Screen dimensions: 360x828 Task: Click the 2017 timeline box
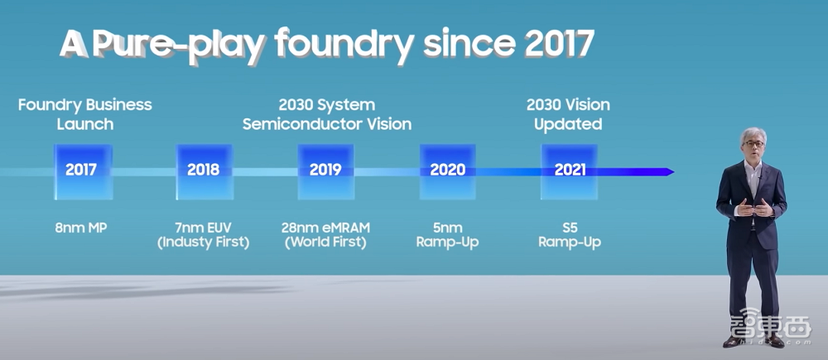[81, 170]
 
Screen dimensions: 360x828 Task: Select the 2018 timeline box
[204, 170]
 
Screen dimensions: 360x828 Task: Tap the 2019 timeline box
[325, 170]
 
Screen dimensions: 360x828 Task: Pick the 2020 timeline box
[447, 170]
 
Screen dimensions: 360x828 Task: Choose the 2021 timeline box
[570, 170]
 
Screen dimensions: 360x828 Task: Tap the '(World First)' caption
[325, 242]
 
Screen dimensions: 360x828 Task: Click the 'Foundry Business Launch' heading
[85, 114]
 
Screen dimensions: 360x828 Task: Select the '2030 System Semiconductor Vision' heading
[326, 114]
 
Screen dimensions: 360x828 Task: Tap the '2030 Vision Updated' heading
[568, 114]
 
